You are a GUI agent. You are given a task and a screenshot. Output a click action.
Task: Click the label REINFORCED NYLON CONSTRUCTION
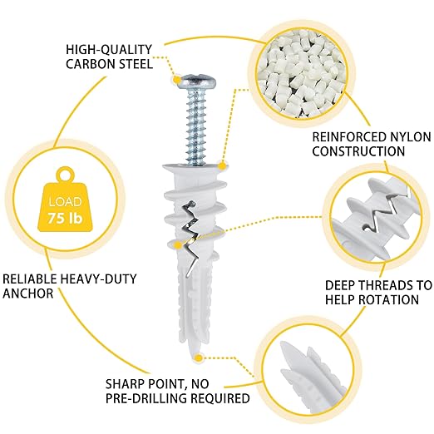[x=358, y=144]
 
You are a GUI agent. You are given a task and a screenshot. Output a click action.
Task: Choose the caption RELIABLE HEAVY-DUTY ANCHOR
[x=67, y=285]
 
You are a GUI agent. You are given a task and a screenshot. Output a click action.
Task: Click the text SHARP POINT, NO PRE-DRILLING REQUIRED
[x=177, y=391]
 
